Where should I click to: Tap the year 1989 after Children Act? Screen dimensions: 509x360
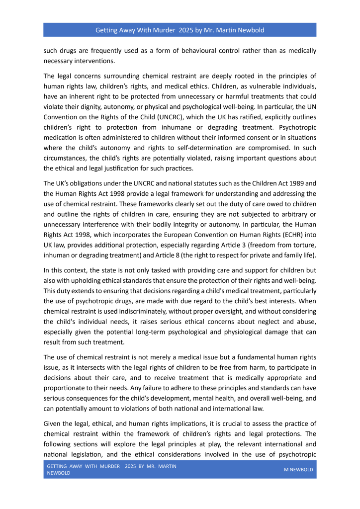pyautogui.click(x=308, y=183)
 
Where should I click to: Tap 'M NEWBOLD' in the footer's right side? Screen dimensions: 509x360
pyautogui.click(x=298, y=469)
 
